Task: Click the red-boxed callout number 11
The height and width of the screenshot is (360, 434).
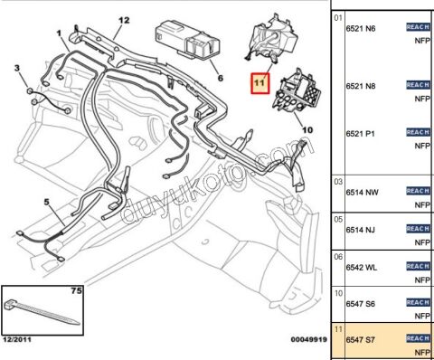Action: (259, 84)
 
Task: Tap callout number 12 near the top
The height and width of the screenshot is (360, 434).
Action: (124, 20)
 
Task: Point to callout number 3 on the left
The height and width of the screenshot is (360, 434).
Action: (16, 69)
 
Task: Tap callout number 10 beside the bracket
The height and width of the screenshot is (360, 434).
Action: (307, 129)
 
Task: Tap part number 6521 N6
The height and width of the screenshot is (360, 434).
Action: (361, 29)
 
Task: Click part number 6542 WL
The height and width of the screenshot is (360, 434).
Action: (362, 267)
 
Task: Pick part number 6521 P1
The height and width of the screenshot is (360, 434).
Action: (361, 134)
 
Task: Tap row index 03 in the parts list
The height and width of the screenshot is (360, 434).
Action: (338, 181)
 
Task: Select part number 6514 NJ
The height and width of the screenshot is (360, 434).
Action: (361, 229)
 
